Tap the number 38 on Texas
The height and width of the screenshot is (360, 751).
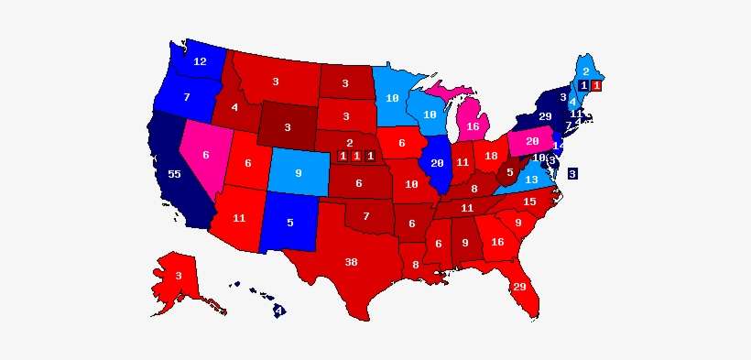(351, 262)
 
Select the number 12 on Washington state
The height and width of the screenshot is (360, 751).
(200, 62)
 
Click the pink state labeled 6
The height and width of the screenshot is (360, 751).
(206, 155)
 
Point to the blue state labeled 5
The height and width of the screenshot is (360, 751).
(291, 222)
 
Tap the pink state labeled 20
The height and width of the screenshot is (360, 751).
(532, 142)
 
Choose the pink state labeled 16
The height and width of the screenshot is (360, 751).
(473, 126)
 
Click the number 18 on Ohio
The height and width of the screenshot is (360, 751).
(491, 157)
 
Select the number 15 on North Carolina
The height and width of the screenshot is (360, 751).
(529, 202)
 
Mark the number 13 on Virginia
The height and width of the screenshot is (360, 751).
(531, 180)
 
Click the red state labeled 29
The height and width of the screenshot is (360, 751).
(519, 288)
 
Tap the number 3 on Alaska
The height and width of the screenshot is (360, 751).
(180, 276)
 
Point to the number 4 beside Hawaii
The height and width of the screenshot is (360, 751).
(279, 311)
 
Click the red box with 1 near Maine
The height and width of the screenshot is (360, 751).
(596, 85)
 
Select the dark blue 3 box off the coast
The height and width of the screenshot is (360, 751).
(572, 173)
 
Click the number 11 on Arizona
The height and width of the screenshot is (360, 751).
(239, 218)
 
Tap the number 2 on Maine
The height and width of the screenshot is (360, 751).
(585, 71)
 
